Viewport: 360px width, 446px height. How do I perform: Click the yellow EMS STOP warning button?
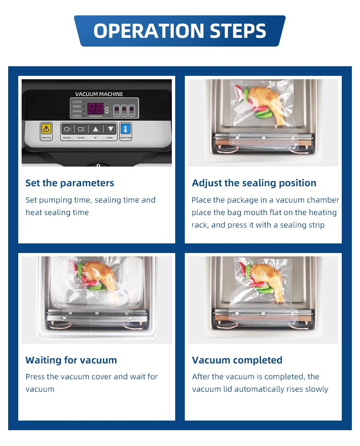coord(46,129)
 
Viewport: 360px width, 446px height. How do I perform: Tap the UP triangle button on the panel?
coord(96,129)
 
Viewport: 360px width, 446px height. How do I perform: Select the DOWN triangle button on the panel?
coord(110,129)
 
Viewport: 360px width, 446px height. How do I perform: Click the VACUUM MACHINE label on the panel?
coord(99,94)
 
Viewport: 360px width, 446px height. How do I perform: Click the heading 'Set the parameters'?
coord(70,183)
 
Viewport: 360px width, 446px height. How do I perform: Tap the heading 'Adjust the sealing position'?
coord(254,183)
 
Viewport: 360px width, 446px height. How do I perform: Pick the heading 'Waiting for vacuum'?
coord(71,360)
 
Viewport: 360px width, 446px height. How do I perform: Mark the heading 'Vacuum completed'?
coord(237,360)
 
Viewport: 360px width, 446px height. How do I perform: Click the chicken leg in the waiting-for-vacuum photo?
coord(100,276)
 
